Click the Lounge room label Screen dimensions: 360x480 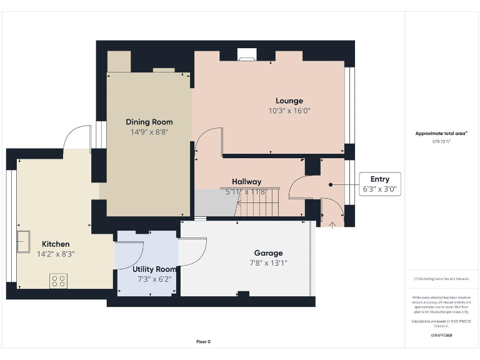[289, 101]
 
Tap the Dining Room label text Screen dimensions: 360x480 [149, 122]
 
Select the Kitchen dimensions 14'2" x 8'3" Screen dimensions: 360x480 [56, 254]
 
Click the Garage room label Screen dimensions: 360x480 [267, 253]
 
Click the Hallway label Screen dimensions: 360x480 [246, 182]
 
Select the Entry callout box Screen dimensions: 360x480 [379, 184]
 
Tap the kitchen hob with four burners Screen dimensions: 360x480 [59, 281]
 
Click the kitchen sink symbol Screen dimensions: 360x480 [24, 240]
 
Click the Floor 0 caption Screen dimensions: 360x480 [204, 341]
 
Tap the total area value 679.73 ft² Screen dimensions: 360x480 [441, 142]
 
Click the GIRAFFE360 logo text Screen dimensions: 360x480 [441, 336]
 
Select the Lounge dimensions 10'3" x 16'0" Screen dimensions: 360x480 [289, 111]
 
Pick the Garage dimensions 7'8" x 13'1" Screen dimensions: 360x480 [267, 263]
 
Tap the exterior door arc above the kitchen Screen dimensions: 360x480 [77, 137]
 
